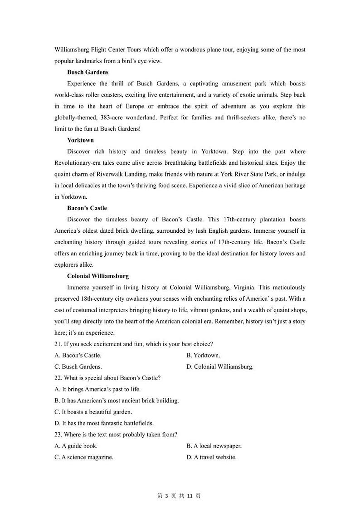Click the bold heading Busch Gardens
88,72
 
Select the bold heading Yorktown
80,140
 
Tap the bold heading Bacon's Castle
87,208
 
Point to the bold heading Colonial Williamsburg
97,276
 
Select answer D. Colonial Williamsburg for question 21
219,367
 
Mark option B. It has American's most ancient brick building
117,401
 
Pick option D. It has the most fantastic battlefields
104,423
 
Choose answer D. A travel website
211,457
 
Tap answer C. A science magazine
84,457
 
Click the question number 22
58,378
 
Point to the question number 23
58,435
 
